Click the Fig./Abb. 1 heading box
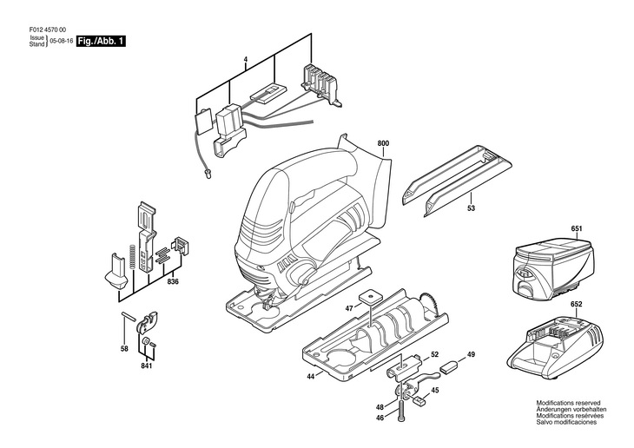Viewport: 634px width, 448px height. click(101, 41)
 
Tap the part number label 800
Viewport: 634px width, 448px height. click(383, 143)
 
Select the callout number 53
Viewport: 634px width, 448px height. click(471, 208)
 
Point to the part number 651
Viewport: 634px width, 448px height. click(577, 229)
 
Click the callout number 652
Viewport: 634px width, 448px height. click(577, 304)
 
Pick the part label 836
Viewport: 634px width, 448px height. click(173, 282)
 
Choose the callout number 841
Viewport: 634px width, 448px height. click(147, 366)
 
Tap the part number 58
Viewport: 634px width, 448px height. click(124, 348)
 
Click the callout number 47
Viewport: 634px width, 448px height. click(349, 308)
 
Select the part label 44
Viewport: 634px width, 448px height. click(310, 377)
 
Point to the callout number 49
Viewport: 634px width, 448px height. click(471, 354)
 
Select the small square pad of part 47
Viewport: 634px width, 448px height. click(372, 295)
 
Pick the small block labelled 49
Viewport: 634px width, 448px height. click(449, 366)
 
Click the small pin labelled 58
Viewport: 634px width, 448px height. click(128, 315)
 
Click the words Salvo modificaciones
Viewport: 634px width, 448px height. click(566, 422)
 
